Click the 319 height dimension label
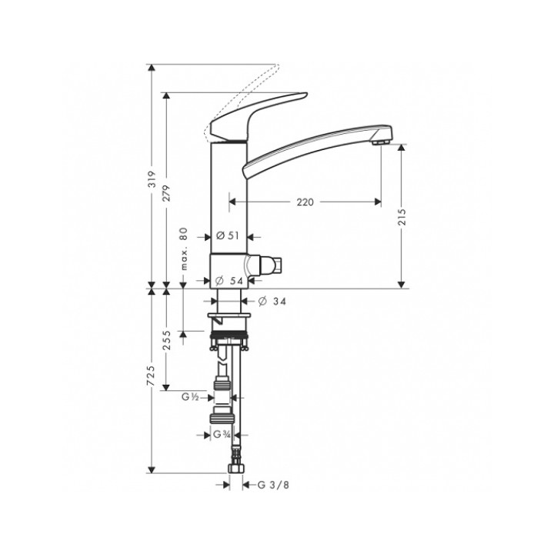click(152, 179)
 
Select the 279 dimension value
click(166, 193)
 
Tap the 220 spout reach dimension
click(305, 202)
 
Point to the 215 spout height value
click(402, 217)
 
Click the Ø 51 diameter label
click(228, 235)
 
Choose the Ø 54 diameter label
click(229, 281)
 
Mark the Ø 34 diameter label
click(272, 302)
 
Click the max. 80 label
click(184, 249)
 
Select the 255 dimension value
click(166, 340)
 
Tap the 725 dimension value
click(151, 375)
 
